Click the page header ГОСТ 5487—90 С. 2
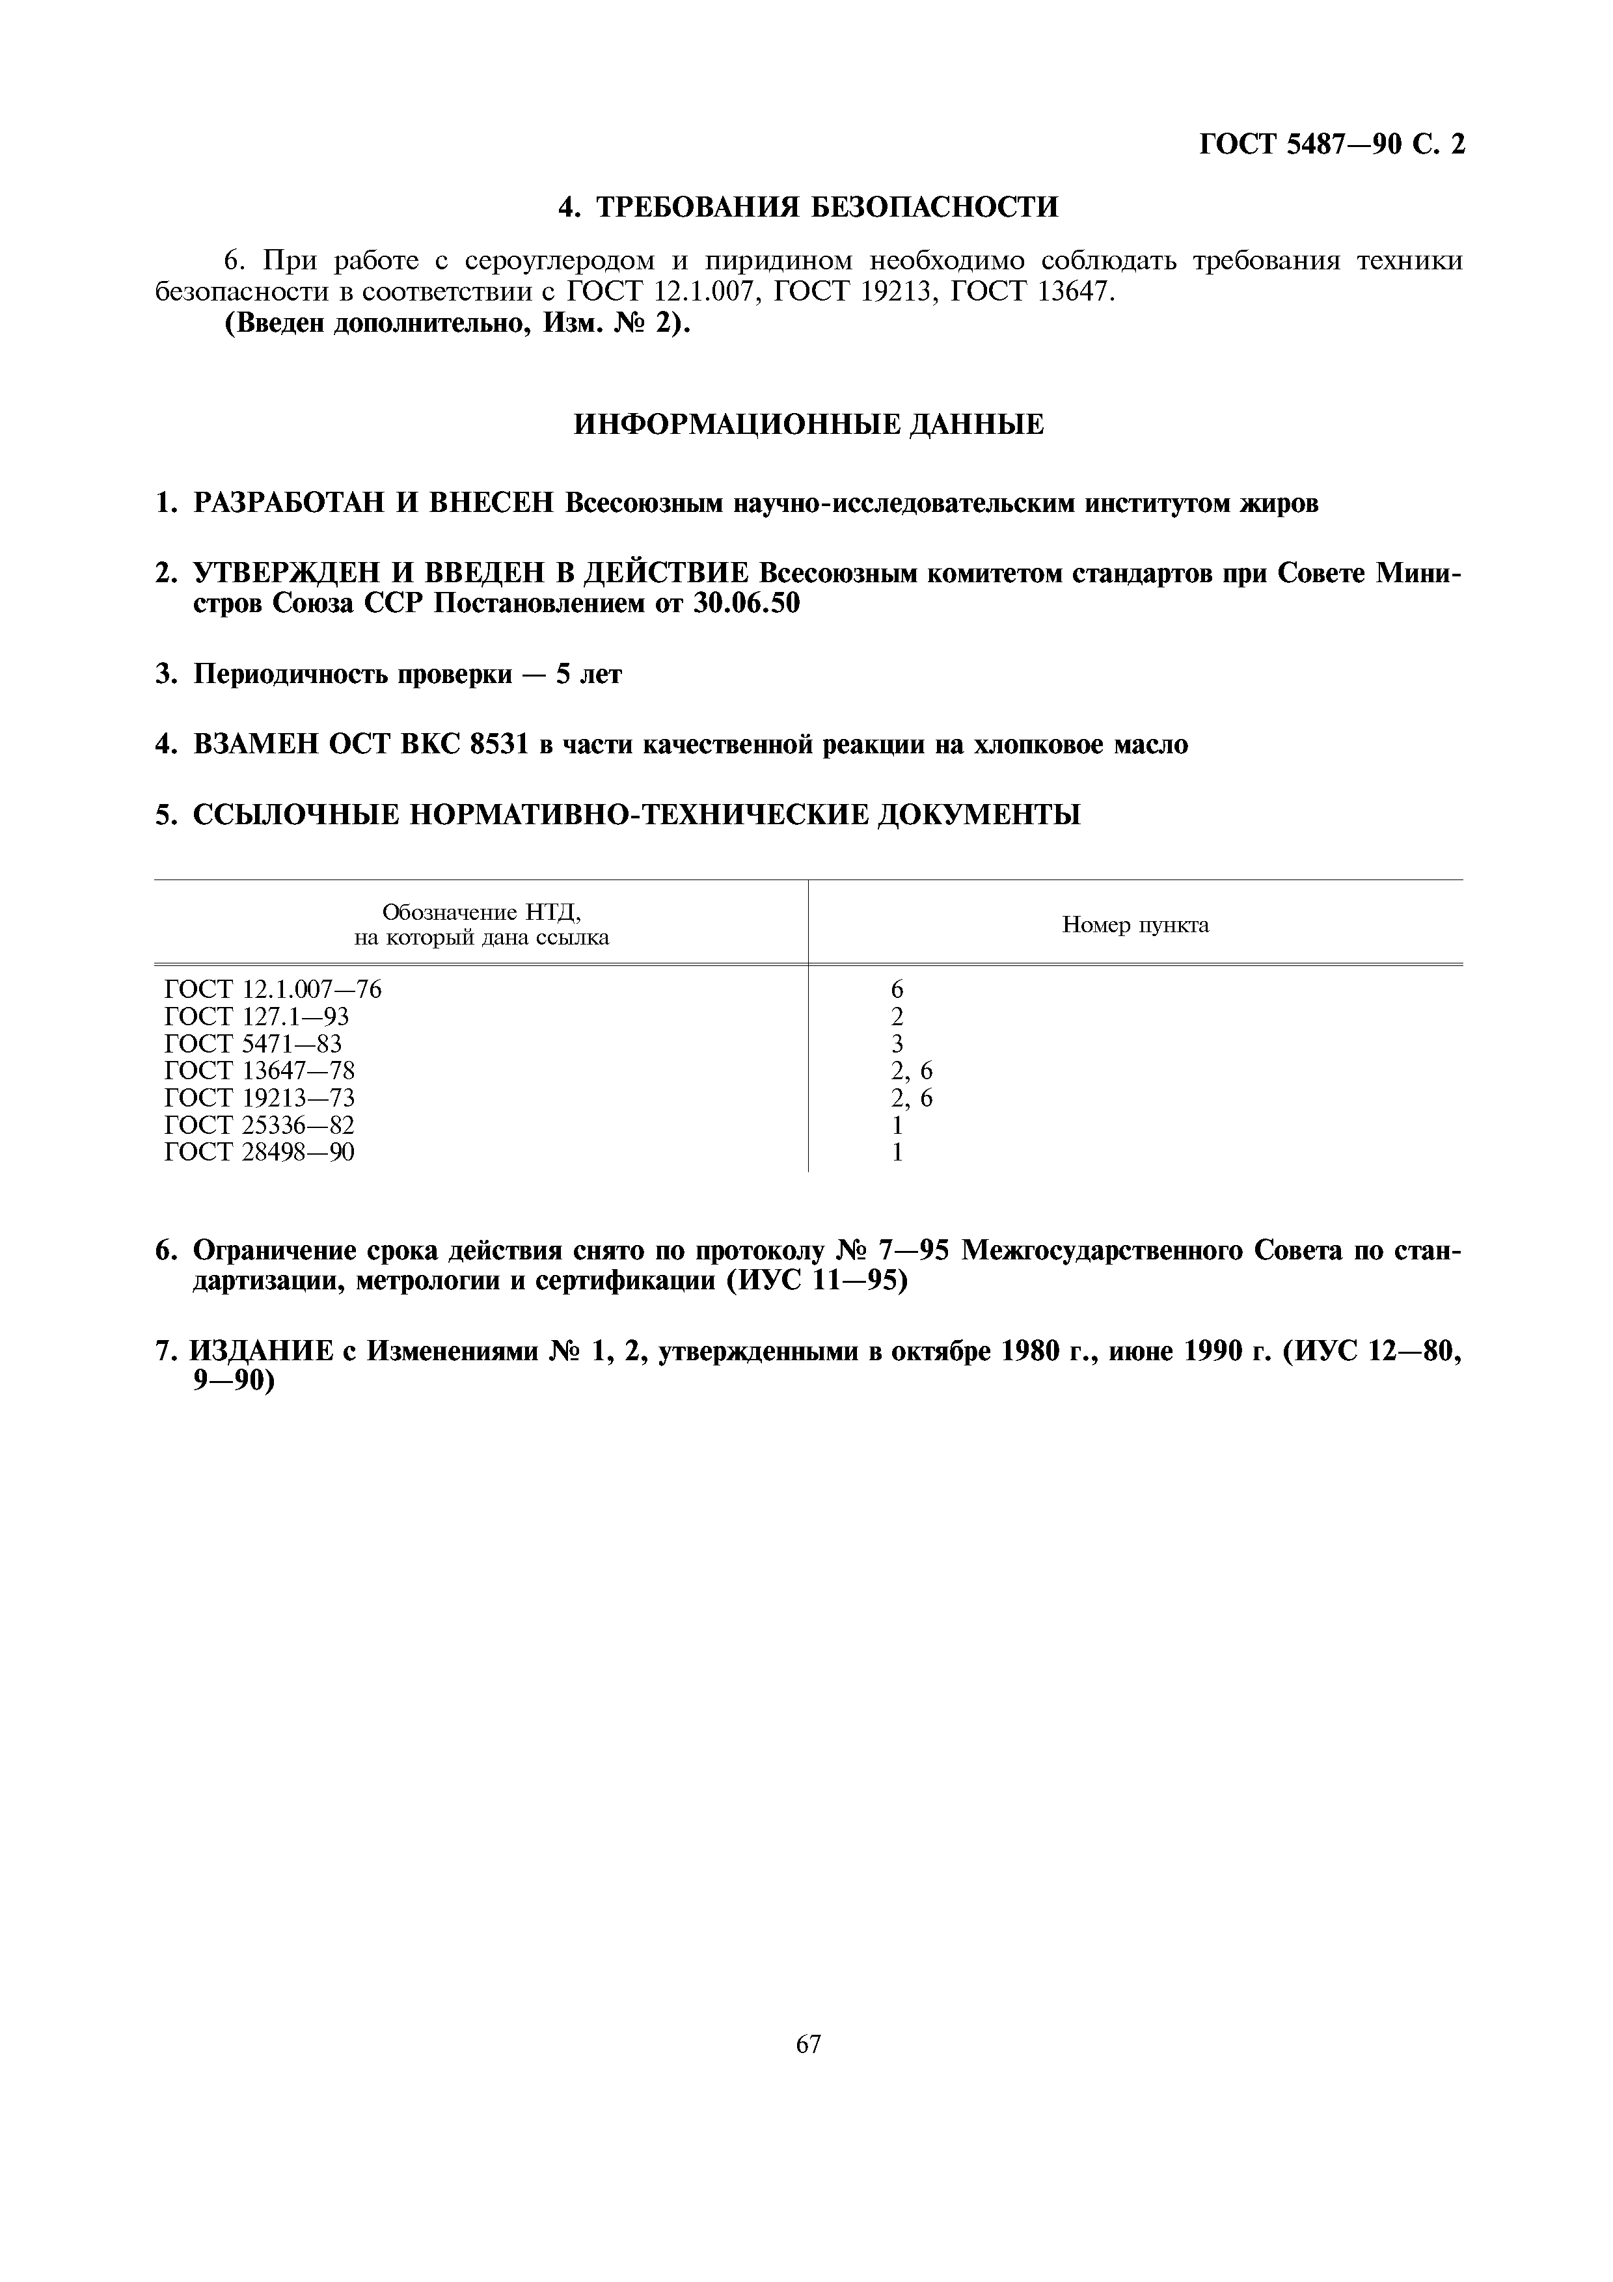point(1332,145)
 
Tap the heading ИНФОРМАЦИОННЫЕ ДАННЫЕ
point(809,425)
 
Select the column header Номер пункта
point(1135,925)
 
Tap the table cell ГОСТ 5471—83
point(252,1043)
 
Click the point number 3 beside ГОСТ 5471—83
point(897,1043)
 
